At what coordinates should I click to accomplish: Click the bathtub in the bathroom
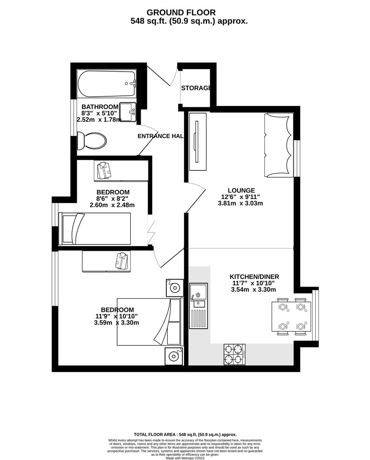click(x=107, y=83)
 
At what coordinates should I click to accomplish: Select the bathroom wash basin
click(x=127, y=112)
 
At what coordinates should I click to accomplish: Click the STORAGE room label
click(x=196, y=88)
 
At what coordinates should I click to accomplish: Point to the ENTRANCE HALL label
click(x=160, y=136)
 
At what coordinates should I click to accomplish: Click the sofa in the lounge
click(x=279, y=145)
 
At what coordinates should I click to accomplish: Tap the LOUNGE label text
click(x=241, y=190)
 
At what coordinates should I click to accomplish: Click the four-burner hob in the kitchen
click(x=234, y=353)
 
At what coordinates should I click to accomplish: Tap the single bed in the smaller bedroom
click(x=95, y=229)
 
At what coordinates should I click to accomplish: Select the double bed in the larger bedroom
click(x=149, y=322)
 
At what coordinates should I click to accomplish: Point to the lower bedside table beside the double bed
click(x=174, y=356)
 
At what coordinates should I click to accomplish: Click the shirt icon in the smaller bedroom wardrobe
click(x=104, y=170)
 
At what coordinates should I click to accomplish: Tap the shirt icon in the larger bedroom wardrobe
click(x=121, y=260)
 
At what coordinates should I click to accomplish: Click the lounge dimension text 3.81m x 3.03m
click(x=240, y=203)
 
